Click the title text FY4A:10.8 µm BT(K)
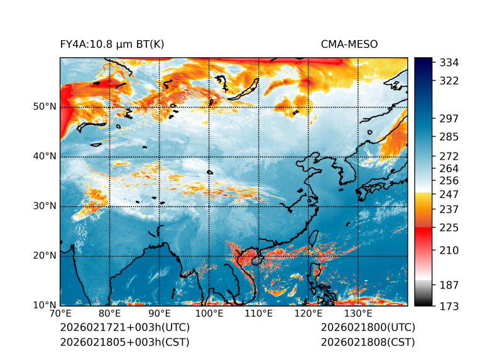point(112,44)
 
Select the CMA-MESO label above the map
point(349,44)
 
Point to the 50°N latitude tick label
point(44,107)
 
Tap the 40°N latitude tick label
point(44,156)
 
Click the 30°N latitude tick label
point(44,206)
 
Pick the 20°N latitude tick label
point(44,256)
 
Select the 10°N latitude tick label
point(44,305)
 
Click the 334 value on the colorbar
point(449,63)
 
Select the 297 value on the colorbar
point(449,118)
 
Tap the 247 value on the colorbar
point(449,194)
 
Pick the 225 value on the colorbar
point(449,227)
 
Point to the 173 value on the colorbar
point(449,306)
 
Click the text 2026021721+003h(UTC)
point(125,328)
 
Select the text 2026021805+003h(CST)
point(124,342)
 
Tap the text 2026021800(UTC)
point(368,328)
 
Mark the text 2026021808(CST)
point(368,342)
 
